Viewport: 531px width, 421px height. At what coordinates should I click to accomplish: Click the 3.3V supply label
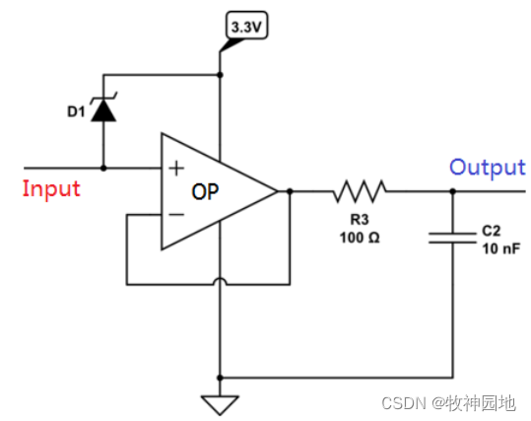pyautogui.click(x=246, y=26)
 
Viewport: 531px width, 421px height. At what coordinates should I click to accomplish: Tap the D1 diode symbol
pyautogui.click(x=103, y=106)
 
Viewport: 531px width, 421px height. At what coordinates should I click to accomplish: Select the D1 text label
pyautogui.click(x=76, y=111)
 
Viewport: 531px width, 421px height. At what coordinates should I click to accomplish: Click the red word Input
pyautogui.click(x=51, y=188)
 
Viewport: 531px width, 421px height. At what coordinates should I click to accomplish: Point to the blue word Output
pyautogui.click(x=488, y=167)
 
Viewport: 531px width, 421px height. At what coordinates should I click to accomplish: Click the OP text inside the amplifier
pyautogui.click(x=205, y=192)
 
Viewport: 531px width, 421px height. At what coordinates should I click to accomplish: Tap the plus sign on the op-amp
pyautogui.click(x=176, y=169)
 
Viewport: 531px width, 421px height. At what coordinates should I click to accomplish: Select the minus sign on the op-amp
pyautogui.click(x=176, y=214)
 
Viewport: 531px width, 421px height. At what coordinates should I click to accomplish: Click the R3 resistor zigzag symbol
pyautogui.click(x=360, y=191)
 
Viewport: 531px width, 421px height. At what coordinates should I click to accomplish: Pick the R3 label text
pyautogui.click(x=360, y=220)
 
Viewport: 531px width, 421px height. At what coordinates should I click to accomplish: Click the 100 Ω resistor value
pyautogui.click(x=360, y=238)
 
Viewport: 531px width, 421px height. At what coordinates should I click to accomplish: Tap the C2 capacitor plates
pyautogui.click(x=452, y=238)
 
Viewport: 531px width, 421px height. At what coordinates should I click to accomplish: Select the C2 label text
pyautogui.click(x=491, y=231)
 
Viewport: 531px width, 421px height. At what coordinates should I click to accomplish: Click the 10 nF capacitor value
pyautogui.click(x=501, y=248)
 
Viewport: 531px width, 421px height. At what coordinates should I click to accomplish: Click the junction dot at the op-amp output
pyautogui.click(x=290, y=191)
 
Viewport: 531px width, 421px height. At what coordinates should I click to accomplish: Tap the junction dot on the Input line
pyautogui.click(x=103, y=168)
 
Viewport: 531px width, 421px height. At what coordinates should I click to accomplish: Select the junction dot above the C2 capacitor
pyautogui.click(x=453, y=191)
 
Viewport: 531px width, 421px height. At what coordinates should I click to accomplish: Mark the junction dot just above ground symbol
pyautogui.click(x=220, y=378)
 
